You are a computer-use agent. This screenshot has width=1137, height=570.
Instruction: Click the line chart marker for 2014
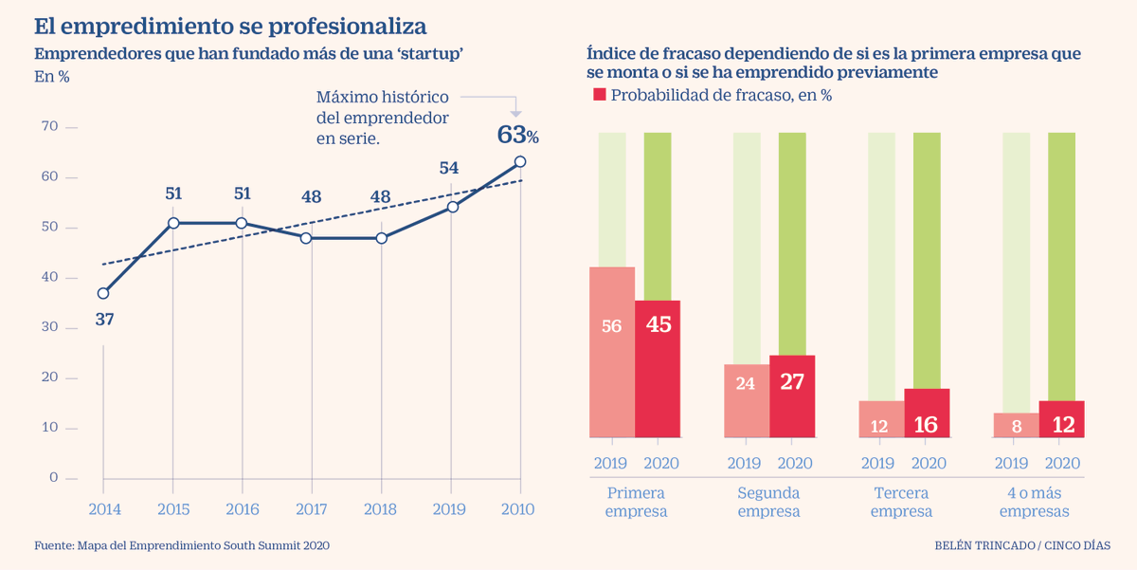[103, 293]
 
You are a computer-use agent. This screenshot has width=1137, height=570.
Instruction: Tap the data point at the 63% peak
[520, 161]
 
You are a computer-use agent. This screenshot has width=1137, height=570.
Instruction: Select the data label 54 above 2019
[449, 168]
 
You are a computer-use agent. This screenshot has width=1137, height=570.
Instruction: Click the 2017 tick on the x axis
[313, 509]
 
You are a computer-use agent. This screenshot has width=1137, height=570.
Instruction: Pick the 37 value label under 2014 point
[104, 320]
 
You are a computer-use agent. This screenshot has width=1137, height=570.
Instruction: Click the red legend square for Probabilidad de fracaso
[599, 95]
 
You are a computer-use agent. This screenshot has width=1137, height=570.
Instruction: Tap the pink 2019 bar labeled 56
[612, 352]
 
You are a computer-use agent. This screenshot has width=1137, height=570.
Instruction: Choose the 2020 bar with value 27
[792, 396]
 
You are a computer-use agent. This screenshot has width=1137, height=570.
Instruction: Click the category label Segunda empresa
[768, 502]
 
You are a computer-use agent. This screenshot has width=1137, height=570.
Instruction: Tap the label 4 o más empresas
[1038, 502]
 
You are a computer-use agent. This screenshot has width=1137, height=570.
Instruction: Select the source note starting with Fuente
[182, 545]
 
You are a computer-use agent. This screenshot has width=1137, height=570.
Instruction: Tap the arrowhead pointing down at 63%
[515, 111]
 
